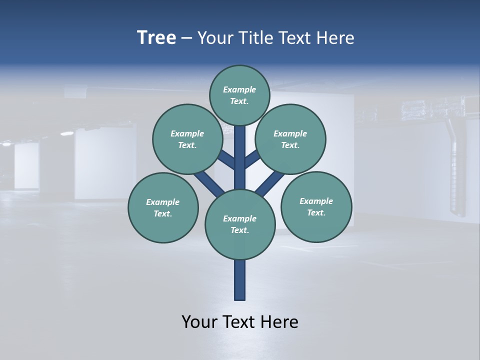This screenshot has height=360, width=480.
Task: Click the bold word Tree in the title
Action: pyautogui.click(x=156, y=38)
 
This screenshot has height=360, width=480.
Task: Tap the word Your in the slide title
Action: pyautogui.click(x=214, y=38)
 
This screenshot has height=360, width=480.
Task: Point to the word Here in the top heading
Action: pyautogui.click(x=337, y=38)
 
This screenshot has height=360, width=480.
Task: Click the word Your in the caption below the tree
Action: pyautogui.click(x=199, y=321)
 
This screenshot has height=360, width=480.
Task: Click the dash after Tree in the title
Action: pyautogui.click(x=186, y=38)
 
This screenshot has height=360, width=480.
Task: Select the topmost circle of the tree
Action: pyautogui.click(x=240, y=95)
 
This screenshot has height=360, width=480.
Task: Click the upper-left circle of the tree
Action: pyautogui.click(x=187, y=139)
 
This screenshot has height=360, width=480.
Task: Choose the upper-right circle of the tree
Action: pyautogui.click(x=290, y=139)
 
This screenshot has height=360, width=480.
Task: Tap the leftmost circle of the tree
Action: pyautogui.click(x=163, y=207)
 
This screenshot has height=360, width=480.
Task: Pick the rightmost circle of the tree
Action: pyautogui.click(x=316, y=206)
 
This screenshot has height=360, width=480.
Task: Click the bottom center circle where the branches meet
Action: pyautogui.click(x=240, y=224)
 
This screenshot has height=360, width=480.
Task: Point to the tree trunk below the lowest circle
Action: pyautogui.click(x=240, y=280)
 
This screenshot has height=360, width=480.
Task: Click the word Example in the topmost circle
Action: pyautogui.click(x=239, y=89)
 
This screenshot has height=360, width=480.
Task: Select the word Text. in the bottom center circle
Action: pyautogui.click(x=239, y=230)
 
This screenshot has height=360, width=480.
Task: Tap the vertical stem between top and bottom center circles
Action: pyautogui.click(x=240, y=157)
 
